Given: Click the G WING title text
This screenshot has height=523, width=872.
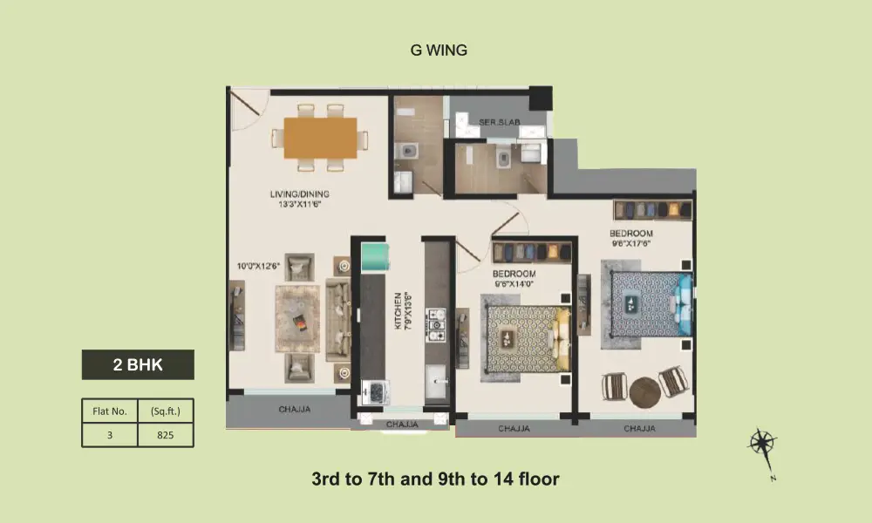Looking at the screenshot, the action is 439,50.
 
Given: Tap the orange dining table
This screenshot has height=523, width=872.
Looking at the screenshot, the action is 320,138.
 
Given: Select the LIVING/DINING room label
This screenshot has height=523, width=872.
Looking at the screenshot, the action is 300,194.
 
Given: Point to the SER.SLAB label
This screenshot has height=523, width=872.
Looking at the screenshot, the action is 500,122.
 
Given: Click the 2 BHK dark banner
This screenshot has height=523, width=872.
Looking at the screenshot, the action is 138,364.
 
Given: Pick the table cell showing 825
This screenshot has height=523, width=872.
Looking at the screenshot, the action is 166,435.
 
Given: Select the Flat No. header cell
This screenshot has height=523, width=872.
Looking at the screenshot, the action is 110,411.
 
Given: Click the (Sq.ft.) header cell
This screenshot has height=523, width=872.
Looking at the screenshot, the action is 166,411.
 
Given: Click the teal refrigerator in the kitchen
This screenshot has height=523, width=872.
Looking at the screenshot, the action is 374,257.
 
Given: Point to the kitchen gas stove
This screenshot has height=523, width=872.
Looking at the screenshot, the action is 436,324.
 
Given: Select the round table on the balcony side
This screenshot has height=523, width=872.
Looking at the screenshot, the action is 645,392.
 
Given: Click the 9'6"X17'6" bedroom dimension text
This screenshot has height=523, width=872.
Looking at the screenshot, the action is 631,243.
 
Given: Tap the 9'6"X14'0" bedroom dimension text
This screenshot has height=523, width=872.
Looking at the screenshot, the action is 514,284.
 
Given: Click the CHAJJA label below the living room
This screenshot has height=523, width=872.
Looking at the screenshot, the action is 294,410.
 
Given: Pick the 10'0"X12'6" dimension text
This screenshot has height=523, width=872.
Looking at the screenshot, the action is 258,266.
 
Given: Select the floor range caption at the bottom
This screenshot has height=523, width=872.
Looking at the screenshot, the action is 435,479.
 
